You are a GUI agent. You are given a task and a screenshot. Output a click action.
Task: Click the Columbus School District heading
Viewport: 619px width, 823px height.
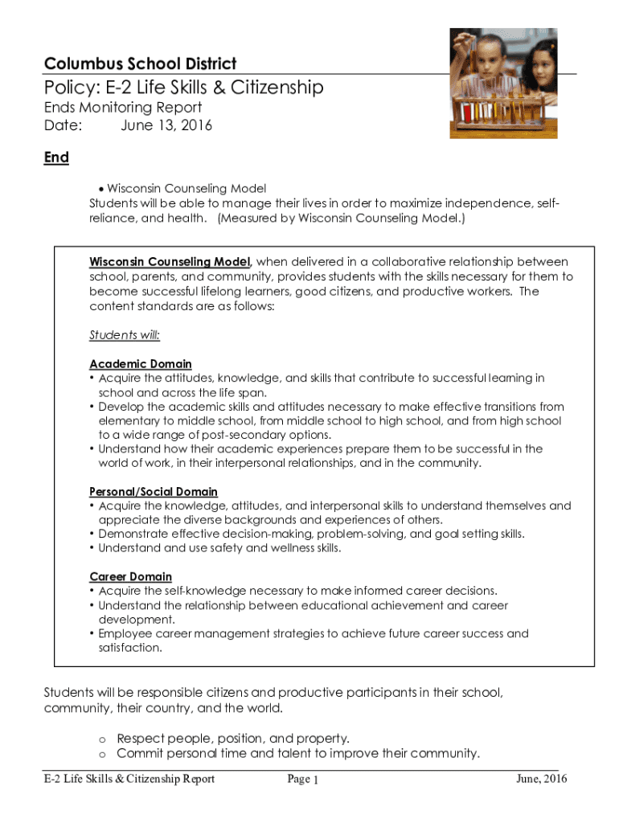pyautogui.click(x=140, y=63)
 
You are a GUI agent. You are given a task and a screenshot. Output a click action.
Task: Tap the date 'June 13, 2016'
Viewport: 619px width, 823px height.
pyautogui.click(x=166, y=125)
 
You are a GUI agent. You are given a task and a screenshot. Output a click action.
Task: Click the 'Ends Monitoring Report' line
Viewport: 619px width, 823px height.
pyautogui.click(x=122, y=108)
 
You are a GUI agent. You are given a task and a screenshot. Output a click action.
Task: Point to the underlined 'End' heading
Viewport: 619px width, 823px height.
pyautogui.click(x=56, y=158)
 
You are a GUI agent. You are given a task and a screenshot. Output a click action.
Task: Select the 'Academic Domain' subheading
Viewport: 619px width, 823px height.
pyautogui.click(x=141, y=364)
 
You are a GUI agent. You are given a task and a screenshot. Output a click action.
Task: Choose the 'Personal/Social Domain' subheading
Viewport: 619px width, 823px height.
pyautogui.click(x=154, y=491)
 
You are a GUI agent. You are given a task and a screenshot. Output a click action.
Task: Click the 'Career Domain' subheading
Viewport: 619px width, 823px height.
pyautogui.click(x=130, y=576)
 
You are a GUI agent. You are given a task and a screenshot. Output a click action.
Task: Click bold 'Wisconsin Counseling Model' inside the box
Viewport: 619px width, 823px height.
pyautogui.click(x=170, y=262)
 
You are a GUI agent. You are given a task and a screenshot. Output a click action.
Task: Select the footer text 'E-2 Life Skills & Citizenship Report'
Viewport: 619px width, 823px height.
pyautogui.click(x=129, y=779)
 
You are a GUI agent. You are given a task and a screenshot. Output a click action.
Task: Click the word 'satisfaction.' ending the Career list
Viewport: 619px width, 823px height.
pyautogui.click(x=130, y=648)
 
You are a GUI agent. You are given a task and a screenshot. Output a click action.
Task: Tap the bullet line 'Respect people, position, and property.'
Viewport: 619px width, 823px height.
pyautogui.click(x=233, y=738)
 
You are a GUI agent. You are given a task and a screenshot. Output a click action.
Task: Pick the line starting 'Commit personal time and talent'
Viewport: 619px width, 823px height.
pyautogui.click(x=298, y=753)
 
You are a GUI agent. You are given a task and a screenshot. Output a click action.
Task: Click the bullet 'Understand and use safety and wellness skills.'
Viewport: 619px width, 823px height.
pyautogui.click(x=219, y=548)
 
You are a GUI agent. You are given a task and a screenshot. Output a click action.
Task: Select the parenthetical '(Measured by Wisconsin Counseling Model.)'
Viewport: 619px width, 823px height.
pyautogui.click(x=341, y=218)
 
